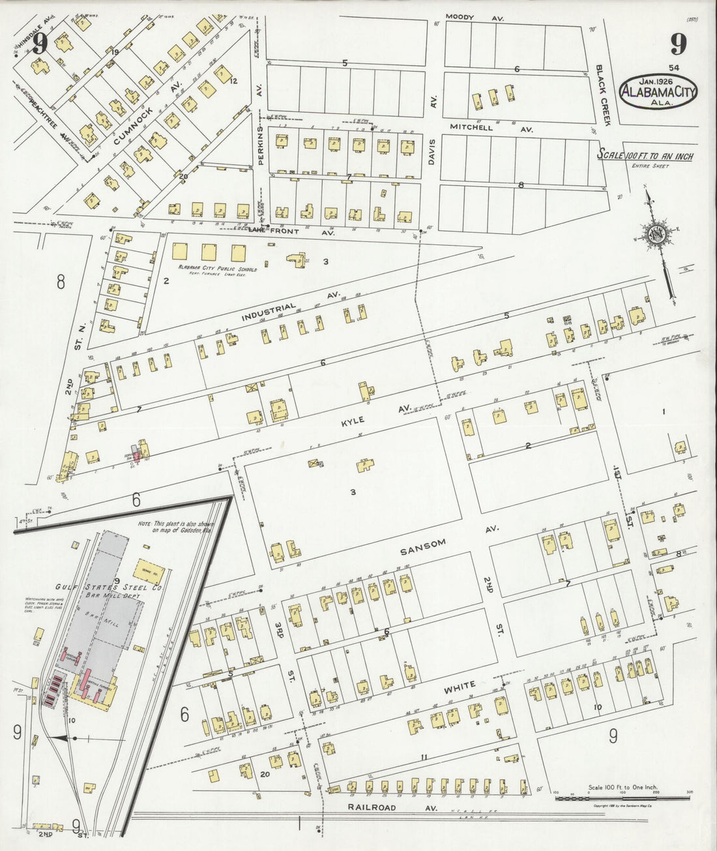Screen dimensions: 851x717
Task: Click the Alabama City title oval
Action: (658, 91)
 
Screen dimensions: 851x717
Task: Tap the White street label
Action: (460, 687)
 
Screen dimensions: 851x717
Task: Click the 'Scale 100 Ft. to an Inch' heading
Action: (645, 157)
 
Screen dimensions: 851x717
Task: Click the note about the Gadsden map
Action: (176, 526)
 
